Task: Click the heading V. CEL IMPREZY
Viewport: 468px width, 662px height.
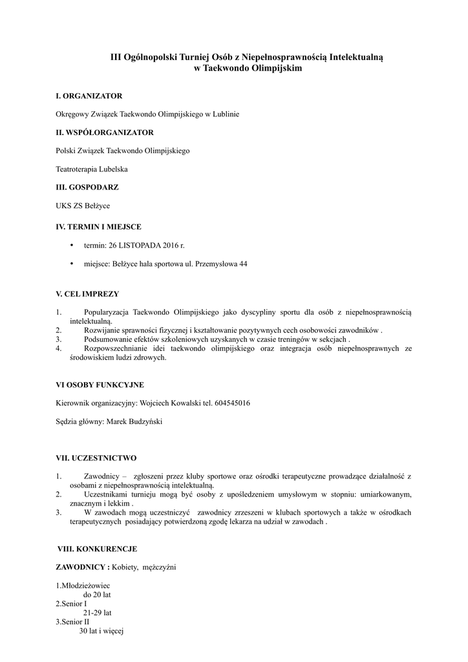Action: coord(87,294)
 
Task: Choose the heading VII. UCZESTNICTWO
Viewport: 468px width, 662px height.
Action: coord(96,458)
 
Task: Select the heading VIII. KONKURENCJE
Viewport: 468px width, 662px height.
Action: coord(98,550)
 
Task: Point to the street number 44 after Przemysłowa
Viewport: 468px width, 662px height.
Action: coord(243,264)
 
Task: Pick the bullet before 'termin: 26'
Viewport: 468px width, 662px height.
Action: coord(71,246)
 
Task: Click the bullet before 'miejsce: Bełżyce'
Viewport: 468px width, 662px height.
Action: coord(71,264)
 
